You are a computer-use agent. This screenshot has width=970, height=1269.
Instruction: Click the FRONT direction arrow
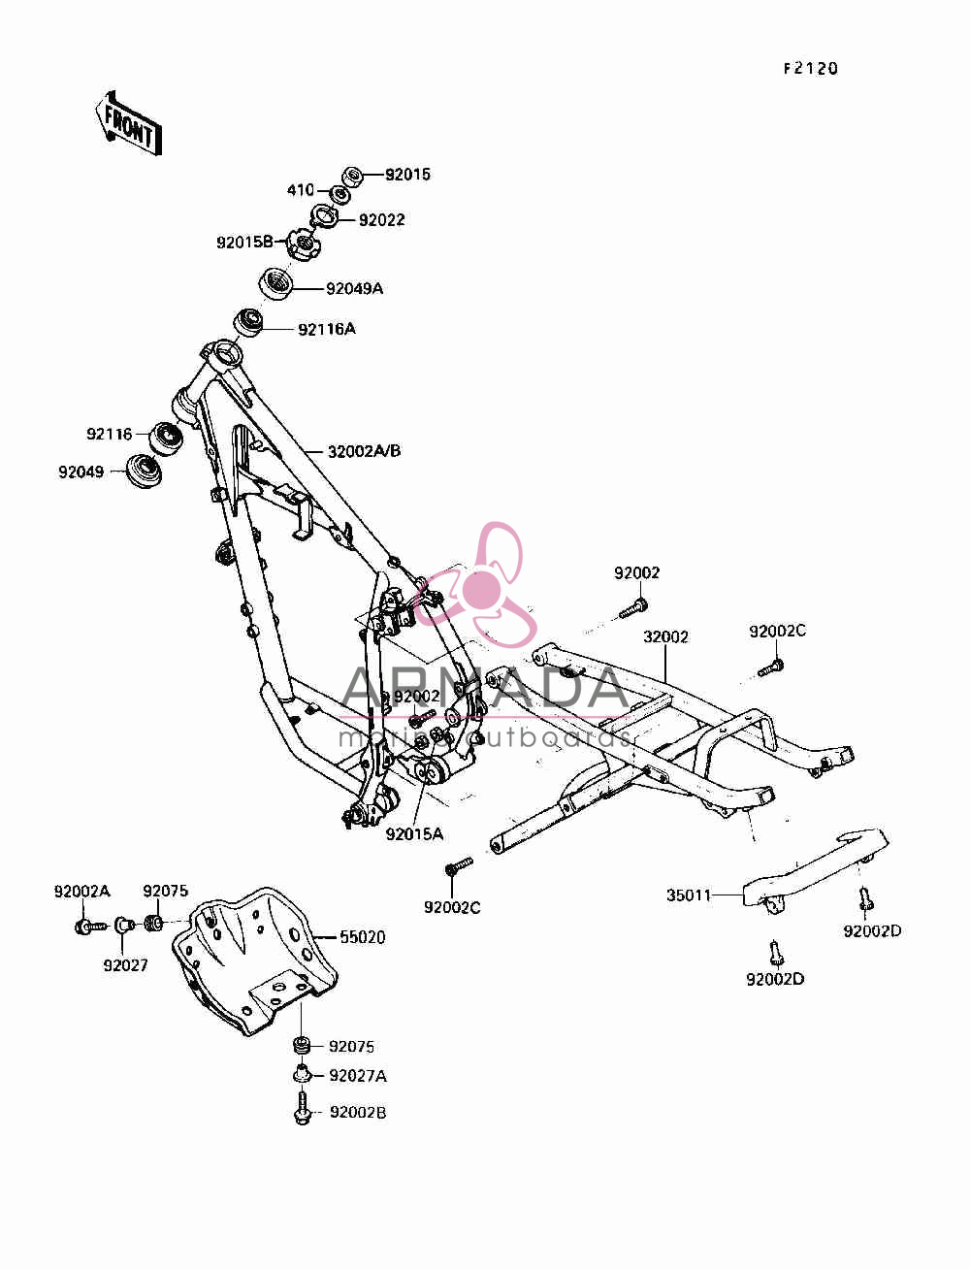pos(128,123)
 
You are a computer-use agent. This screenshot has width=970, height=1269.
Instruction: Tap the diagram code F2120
pos(811,69)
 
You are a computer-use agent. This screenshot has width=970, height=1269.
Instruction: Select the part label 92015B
pos(244,243)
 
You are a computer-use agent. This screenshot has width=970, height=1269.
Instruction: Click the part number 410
pos(301,189)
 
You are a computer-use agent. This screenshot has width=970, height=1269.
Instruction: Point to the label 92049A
pos(354,288)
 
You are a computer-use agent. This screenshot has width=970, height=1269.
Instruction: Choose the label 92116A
pos(327,329)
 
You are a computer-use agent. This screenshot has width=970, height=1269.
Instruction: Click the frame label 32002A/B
pos(364,451)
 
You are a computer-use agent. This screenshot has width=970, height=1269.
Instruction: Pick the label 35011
pos(689,895)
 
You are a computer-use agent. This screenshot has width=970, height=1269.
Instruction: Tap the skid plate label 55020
pos(362,937)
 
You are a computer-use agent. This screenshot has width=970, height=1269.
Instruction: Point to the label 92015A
pos(414,834)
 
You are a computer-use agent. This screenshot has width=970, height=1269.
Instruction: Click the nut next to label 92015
pos(353,176)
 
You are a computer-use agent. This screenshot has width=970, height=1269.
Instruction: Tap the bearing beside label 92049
pos(144,472)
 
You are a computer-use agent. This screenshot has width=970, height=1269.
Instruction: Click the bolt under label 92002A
pos(91,927)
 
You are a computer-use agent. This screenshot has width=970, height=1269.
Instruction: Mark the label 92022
pos(381,220)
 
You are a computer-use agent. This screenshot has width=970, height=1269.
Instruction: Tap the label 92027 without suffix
pos(125,965)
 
